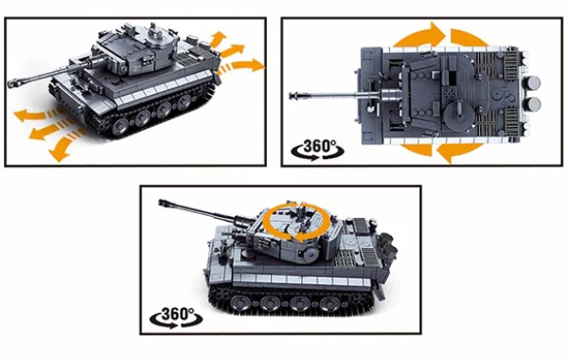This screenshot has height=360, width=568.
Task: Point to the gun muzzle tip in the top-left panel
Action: [10, 83]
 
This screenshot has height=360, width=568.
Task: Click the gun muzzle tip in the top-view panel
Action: [293, 96]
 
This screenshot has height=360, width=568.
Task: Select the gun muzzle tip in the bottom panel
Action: [162, 203]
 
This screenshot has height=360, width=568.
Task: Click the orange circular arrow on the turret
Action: [296, 223]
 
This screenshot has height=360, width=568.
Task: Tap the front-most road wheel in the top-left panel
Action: [119, 127]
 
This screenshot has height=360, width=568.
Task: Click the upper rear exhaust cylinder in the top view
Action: [532, 83]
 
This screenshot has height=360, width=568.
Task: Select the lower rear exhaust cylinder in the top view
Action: [533, 104]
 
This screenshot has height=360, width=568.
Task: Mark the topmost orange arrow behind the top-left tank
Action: [218, 39]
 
